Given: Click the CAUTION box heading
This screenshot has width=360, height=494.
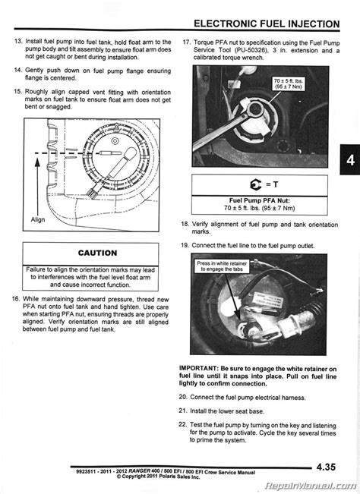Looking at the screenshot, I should (x=97, y=253).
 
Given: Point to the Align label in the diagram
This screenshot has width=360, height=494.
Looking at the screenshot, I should (x=38, y=219).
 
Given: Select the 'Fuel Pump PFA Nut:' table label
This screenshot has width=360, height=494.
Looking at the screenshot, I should (x=248, y=201).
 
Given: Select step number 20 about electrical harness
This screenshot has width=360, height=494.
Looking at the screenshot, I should (x=185, y=398).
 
